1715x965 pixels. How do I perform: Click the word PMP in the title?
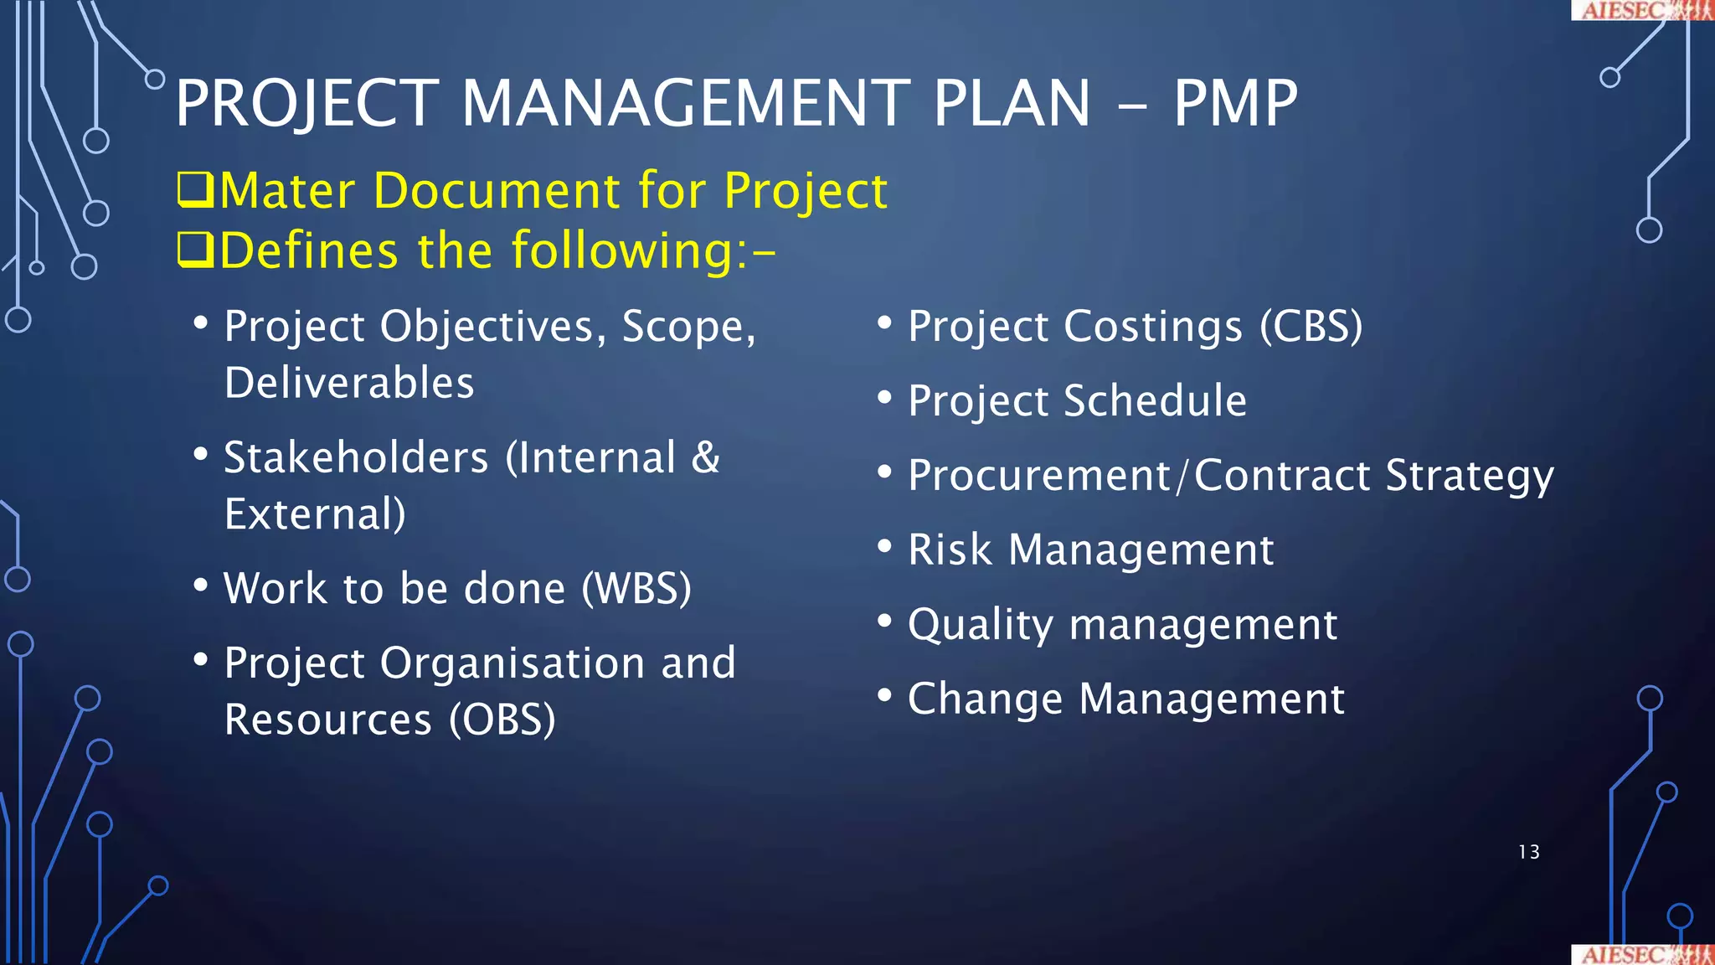point(1234,104)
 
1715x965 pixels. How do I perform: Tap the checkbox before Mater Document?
point(195,190)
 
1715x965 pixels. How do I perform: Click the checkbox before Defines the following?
point(195,250)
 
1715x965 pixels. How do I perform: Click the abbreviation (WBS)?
point(636,588)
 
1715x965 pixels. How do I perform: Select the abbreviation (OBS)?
point(502,720)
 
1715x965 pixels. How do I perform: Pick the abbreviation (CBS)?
point(1311,326)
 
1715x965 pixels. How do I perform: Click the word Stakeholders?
point(356,458)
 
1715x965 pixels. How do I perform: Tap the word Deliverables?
point(349,383)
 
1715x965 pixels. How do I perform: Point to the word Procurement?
point(1039,476)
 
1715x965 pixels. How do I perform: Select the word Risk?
point(950,550)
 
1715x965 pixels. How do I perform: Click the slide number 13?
point(1528,852)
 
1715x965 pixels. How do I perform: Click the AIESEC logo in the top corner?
point(1641,10)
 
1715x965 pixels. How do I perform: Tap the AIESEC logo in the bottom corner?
point(1641,955)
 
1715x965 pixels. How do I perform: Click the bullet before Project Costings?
point(884,323)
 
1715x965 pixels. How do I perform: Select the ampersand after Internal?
point(705,458)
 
